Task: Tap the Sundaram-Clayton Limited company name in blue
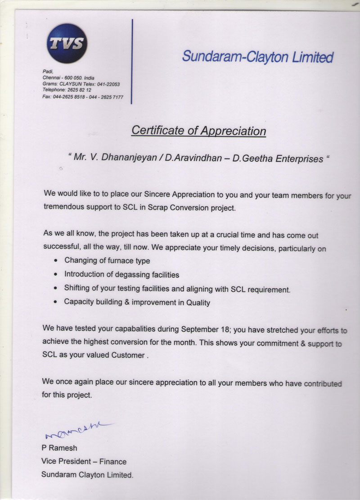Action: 258,57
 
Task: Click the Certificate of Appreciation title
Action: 198,131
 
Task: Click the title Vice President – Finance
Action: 84,461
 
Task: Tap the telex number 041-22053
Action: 108,84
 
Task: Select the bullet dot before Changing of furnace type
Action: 55,261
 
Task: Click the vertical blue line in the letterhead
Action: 131,61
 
